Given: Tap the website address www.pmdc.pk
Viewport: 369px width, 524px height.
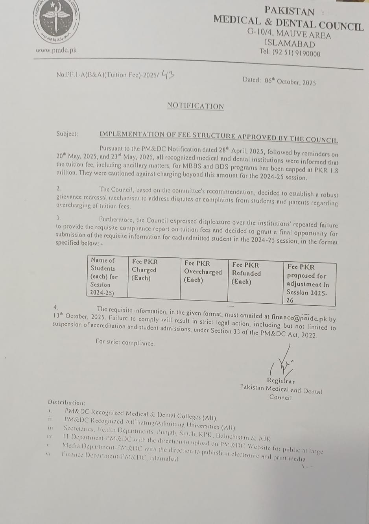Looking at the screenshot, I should (56, 50).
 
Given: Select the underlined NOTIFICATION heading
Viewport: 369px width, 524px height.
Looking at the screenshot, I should (196, 106).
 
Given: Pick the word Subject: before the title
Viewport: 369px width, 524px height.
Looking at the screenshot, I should (67, 134).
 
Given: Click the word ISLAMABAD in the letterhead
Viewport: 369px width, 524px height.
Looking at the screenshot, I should (290, 44).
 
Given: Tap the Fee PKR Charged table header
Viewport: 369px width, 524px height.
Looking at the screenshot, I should (144, 269).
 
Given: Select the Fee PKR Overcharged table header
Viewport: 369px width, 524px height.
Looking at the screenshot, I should (203, 271).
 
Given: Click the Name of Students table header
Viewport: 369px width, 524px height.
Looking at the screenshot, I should (104, 276).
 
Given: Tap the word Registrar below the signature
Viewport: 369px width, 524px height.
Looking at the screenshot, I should (281, 381).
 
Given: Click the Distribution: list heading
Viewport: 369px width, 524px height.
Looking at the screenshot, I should (66, 402).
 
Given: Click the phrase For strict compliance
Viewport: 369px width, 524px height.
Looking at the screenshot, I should (125, 342).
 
